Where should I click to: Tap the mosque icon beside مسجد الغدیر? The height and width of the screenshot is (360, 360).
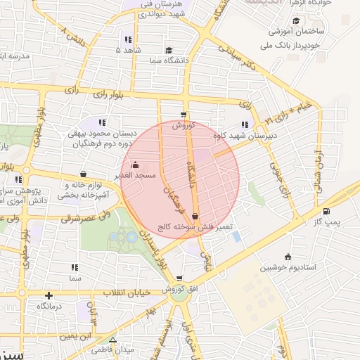click(x=135, y=165)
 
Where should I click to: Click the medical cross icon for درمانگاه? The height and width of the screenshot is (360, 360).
click(x=49, y=296)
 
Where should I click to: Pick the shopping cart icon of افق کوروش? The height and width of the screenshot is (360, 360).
click(x=180, y=278)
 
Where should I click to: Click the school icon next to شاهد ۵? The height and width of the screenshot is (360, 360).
click(x=127, y=39)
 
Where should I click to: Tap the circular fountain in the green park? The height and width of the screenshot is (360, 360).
click(x=131, y=238)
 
